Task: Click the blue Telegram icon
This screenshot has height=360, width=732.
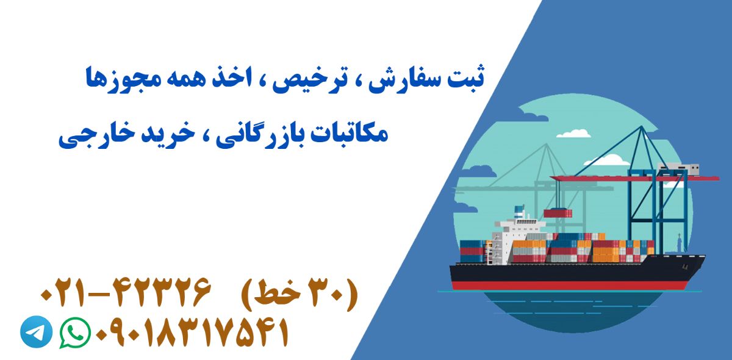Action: tap(36, 331)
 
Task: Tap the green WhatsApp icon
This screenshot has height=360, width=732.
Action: tap(75, 333)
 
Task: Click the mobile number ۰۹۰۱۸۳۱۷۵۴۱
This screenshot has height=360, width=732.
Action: tap(192, 333)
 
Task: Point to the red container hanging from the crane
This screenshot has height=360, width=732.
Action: tap(558, 214)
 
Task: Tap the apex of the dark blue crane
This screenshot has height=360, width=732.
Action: tap(642, 126)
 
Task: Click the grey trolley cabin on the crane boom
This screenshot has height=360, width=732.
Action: tap(678, 170)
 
